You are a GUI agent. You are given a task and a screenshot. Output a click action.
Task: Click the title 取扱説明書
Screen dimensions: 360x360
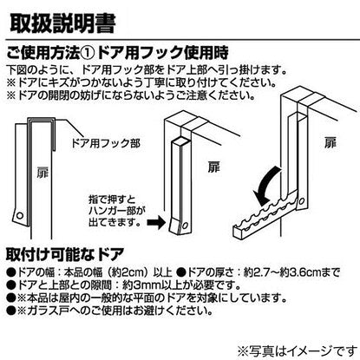coord(62,23)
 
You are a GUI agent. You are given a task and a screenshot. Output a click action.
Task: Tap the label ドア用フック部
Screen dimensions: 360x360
coord(106,143)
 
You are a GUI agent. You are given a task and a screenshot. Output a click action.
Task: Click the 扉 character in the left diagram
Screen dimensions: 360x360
coord(43,173)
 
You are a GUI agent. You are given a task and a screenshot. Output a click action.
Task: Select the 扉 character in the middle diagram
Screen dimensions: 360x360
coord(214,167)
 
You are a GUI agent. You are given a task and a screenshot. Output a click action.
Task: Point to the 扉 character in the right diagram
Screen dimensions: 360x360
coord(331,143)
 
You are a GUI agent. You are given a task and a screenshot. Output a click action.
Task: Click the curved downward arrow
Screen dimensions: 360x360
coord(266,185)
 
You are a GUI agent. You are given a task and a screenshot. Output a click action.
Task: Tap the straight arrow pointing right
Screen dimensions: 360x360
coord(156,223)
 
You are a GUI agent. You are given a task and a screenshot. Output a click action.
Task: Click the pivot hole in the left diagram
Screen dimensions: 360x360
coord(20,215)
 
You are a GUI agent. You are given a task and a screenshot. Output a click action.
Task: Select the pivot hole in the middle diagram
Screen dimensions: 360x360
coord(186,225)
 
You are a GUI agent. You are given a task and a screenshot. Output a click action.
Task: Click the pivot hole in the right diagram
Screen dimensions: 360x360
coord(302,200)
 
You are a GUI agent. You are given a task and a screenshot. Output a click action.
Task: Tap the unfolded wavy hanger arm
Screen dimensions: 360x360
coord(265,214)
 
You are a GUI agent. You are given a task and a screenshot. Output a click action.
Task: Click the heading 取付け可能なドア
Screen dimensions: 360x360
coord(65,254)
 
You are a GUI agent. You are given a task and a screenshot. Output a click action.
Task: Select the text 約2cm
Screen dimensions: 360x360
coord(131,272)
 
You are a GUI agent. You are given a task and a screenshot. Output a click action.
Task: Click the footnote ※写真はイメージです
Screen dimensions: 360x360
coord(298,351)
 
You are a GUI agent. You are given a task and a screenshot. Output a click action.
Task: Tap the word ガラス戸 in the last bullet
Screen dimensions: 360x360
coord(46,311)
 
